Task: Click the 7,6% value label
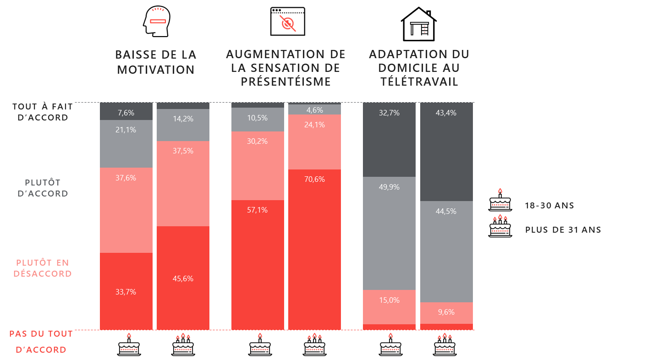point(126,113)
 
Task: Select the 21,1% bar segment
point(126,143)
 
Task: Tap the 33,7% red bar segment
point(126,291)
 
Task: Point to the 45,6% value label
point(183,278)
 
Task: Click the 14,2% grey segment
point(183,125)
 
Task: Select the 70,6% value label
point(314,179)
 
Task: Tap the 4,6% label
point(314,110)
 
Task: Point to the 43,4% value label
point(446,113)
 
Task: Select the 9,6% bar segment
point(446,312)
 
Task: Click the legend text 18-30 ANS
point(549,206)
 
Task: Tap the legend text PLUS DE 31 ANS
point(563,230)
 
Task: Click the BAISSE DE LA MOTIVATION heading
point(156,62)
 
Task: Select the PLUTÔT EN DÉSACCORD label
point(43,268)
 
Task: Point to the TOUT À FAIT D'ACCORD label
point(43,112)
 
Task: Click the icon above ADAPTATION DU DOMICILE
point(413,29)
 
